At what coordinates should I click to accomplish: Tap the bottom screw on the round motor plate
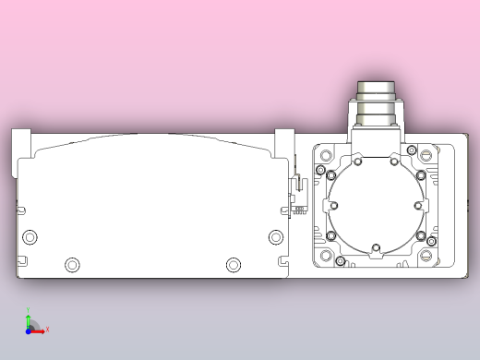[x=375, y=246]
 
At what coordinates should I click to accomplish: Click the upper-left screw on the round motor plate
[x=357, y=162]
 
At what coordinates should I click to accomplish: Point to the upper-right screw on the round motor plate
[x=394, y=162]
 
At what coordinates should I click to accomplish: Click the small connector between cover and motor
[x=298, y=195]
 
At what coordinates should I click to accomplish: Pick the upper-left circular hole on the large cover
[x=30, y=237]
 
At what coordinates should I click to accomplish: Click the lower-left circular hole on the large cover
[x=72, y=265]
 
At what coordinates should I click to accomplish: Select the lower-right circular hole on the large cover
[x=233, y=265]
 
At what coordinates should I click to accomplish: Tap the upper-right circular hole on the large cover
[x=276, y=237]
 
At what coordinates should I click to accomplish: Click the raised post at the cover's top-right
[x=283, y=143]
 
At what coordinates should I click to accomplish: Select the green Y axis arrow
[x=29, y=314]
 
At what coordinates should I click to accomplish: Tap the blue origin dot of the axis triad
[x=29, y=330]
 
